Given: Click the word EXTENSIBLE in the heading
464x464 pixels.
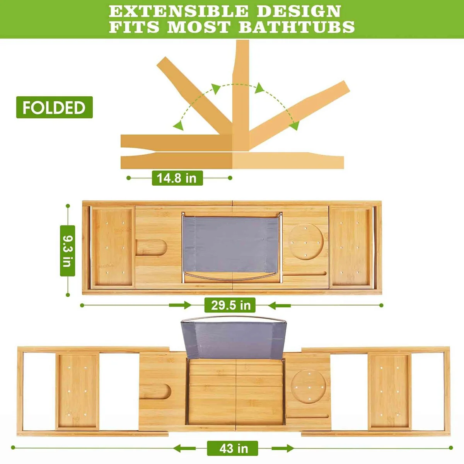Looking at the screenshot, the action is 178,11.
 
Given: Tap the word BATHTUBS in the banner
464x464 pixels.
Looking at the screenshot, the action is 297,27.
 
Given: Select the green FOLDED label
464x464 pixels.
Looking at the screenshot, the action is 55,107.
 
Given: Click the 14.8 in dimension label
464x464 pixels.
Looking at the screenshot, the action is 177,178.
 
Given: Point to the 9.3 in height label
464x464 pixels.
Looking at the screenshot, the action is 67,251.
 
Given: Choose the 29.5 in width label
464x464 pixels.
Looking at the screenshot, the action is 230,305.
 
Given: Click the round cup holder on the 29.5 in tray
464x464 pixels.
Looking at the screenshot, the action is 305,242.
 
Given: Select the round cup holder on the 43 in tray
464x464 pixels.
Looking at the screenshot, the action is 309,386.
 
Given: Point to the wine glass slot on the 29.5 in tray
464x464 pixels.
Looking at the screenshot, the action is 152,247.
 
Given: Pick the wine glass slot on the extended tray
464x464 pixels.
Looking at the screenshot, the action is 155,392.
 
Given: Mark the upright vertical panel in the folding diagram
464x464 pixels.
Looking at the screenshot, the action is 241,95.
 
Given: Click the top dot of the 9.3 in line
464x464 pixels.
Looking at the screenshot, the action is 68,206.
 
